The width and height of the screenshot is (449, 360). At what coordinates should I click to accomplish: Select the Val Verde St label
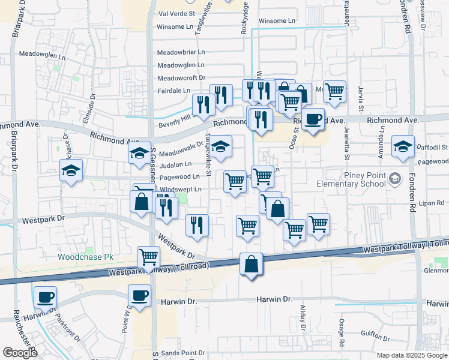tap(176, 13)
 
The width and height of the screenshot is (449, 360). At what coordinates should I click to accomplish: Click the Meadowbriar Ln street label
tap(181, 52)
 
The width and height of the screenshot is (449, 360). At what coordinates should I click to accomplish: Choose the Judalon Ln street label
tap(175, 164)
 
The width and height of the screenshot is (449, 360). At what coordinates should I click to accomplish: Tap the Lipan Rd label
tap(431, 204)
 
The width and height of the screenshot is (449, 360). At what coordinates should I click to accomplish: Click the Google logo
tap(20, 353)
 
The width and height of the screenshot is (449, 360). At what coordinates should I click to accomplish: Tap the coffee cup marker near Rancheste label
tap(46, 297)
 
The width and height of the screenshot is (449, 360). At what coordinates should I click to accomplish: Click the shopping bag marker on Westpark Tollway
tap(251, 264)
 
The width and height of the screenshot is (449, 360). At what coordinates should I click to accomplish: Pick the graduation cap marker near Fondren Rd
tap(403, 146)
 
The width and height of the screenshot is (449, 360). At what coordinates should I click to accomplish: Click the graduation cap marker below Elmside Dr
tap(71, 171)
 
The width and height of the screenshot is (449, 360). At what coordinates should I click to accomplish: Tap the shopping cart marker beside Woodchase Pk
tap(148, 257)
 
